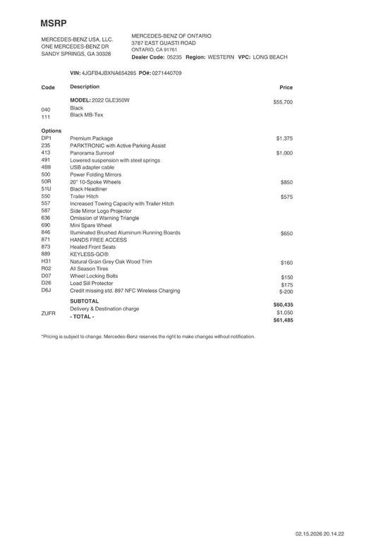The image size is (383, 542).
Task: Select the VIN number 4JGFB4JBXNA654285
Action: click(109, 73)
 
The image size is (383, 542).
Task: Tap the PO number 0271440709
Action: click(166, 73)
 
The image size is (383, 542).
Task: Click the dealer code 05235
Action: click(174, 57)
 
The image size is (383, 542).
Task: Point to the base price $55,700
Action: click(283, 102)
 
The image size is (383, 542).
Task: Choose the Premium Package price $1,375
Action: click(284, 138)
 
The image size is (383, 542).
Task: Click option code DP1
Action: click(47, 138)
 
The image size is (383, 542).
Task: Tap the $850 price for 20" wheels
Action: click(286, 182)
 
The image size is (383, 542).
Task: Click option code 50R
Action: click(47, 182)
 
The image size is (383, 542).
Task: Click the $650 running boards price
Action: click(286, 233)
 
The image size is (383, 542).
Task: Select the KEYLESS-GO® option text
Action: click(90, 254)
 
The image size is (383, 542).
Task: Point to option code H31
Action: click(47, 262)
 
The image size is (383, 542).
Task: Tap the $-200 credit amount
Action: click(286, 291)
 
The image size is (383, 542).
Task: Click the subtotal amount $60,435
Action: click(283, 304)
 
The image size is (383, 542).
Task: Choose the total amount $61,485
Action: click(283, 320)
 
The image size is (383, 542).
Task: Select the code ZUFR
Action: click(49, 312)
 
